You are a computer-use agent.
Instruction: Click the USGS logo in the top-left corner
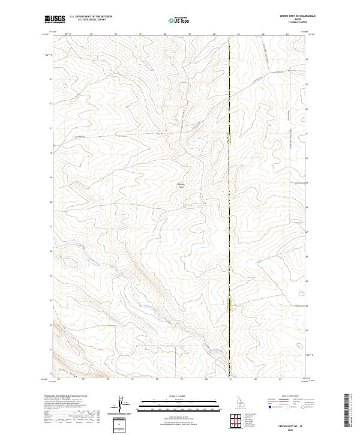click(55, 19)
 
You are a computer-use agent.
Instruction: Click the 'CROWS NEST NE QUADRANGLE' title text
click(298, 16)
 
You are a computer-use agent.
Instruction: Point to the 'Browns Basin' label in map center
click(180, 185)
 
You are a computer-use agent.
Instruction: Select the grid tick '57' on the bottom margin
click(132, 379)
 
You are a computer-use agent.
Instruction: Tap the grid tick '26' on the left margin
click(51, 251)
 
